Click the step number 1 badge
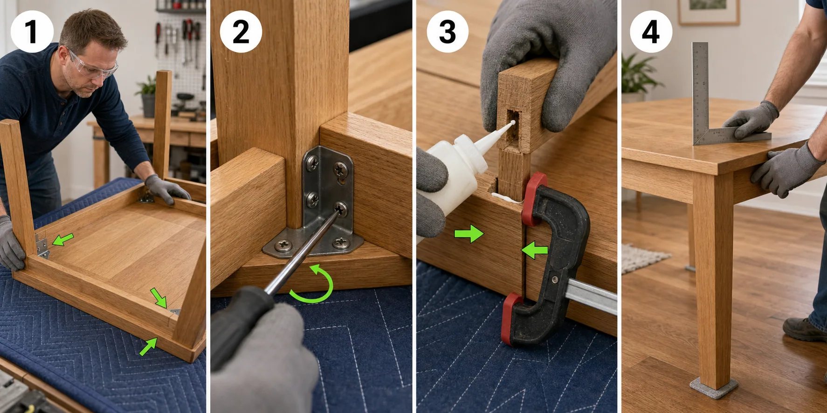(32, 31)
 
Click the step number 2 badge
(241, 32)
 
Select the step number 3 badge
(448, 32)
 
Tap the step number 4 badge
(651, 32)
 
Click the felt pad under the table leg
(714, 387)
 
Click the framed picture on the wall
(709, 12)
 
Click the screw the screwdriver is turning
(341, 209)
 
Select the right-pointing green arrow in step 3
(469, 233)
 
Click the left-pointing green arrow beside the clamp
(534, 251)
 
